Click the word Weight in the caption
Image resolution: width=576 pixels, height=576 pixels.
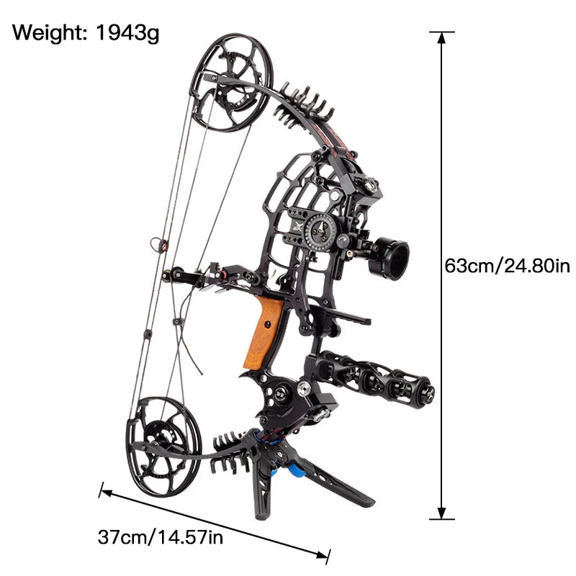[48, 32]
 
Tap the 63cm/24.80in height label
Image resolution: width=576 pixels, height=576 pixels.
[507, 266]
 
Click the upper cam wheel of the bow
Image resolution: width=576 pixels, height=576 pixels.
[231, 82]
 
